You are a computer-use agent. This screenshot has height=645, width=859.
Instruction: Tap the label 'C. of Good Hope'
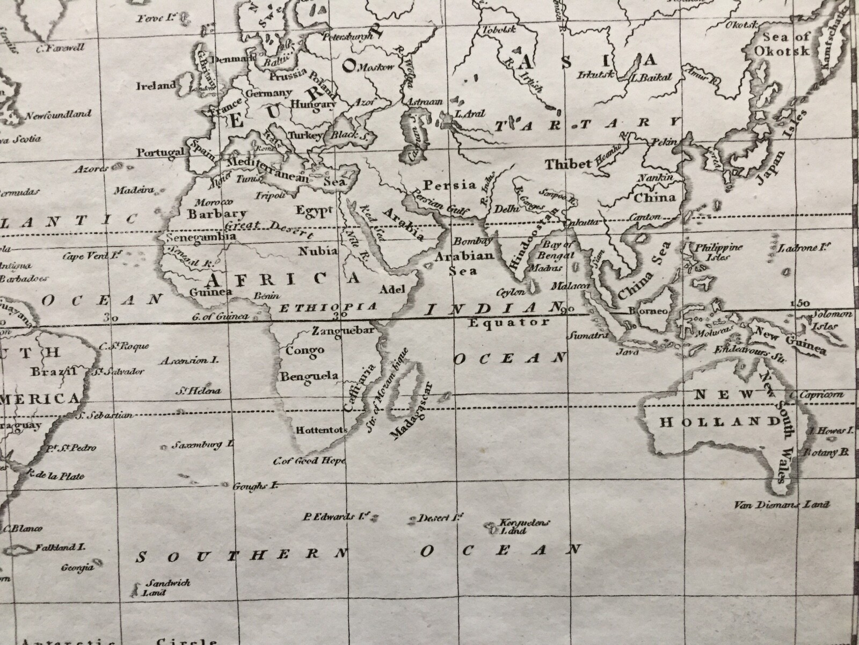[309, 461]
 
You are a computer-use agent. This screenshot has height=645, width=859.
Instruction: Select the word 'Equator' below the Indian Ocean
[509, 322]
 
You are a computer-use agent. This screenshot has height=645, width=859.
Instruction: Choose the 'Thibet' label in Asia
[567, 163]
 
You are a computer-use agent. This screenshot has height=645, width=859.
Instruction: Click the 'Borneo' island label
[652, 311]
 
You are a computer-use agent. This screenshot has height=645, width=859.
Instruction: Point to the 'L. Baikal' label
[652, 78]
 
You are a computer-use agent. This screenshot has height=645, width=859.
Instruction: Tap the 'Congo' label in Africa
[304, 350]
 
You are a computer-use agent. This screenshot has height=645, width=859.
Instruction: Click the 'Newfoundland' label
[58, 114]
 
